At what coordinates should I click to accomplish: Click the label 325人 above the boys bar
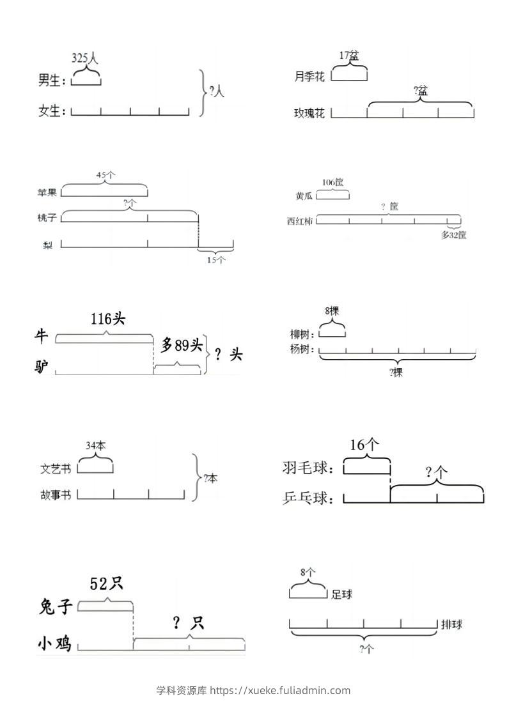(x=85, y=59)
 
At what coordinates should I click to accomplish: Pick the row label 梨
(x=48, y=244)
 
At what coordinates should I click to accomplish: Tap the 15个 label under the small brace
(x=215, y=259)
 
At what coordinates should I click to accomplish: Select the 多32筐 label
(x=454, y=235)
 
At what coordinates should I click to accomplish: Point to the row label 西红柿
(x=300, y=221)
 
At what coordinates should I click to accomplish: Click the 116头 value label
(x=107, y=318)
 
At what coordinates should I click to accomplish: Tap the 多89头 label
(x=182, y=346)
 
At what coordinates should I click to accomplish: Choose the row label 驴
(x=42, y=367)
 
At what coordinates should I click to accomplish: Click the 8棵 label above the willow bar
(x=332, y=311)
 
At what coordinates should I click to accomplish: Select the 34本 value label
(x=95, y=445)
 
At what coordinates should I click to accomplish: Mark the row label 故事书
(x=56, y=495)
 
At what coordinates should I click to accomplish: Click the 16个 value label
(x=366, y=445)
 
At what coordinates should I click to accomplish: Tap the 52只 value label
(x=106, y=583)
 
